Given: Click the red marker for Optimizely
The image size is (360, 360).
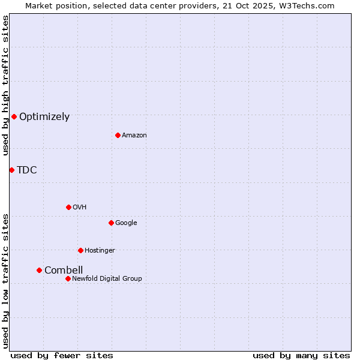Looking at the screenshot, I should (14, 116).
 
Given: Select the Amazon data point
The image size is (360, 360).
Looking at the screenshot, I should (118, 135).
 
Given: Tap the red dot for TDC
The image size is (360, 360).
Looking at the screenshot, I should (11, 170).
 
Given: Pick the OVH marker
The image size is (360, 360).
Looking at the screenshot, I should (68, 207).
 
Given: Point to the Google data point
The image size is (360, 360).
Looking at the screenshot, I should (111, 223).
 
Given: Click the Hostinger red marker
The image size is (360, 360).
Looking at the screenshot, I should (80, 250).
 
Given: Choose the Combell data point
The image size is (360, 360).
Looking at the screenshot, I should (39, 270).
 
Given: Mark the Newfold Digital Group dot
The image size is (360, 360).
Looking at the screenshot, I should (68, 278).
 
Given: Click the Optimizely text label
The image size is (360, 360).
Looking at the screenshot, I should (44, 117).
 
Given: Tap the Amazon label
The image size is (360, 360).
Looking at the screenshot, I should (134, 136).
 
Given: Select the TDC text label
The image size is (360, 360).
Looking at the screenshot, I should (27, 170).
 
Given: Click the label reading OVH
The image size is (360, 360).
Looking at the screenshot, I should (80, 208).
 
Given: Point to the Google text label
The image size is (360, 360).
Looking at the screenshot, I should (126, 223).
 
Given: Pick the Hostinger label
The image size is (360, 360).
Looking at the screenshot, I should (100, 251).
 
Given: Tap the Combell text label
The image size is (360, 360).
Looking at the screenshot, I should (64, 271).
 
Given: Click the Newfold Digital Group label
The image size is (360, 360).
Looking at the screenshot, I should (107, 279).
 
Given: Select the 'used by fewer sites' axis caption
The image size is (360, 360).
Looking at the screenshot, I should (62, 355).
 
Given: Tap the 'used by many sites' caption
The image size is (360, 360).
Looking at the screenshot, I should (301, 355).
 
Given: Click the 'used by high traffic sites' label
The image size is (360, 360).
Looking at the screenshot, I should (5, 85).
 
